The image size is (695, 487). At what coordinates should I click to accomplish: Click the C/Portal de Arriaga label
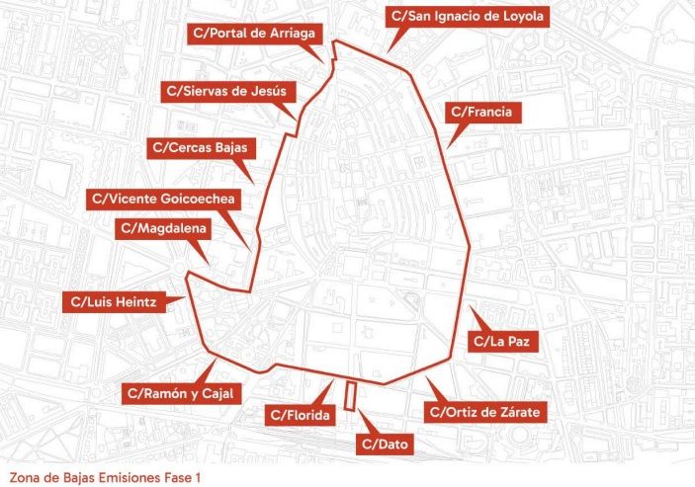point(256,33)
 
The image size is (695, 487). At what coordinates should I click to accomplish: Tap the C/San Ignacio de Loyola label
point(468,17)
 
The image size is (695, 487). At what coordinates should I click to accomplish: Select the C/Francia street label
point(480,113)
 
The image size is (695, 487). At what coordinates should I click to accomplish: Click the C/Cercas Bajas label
point(202,148)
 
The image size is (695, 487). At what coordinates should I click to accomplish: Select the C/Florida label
point(300,415)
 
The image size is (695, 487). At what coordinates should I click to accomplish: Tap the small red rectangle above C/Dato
point(350,394)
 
